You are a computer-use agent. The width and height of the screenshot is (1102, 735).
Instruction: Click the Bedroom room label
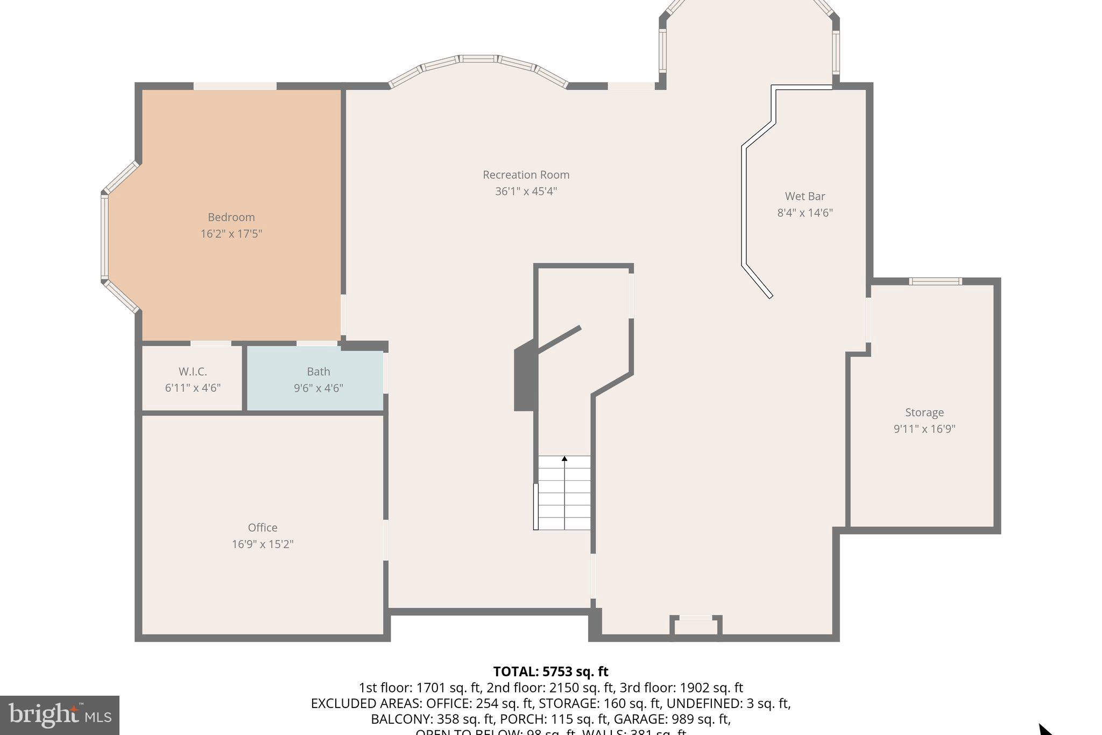pyautogui.click(x=231, y=217)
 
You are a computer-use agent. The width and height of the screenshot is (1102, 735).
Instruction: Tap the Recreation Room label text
pyautogui.click(x=526, y=174)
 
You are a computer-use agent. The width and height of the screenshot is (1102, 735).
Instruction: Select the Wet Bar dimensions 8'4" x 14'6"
pyautogui.click(x=805, y=213)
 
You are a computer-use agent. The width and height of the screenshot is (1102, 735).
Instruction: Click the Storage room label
pyautogui.click(x=924, y=412)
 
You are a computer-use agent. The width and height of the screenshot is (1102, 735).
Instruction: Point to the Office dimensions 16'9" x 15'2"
pyautogui.click(x=263, y=544)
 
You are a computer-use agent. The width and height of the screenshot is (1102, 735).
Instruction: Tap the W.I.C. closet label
pyautogui.click(x=193, y=372)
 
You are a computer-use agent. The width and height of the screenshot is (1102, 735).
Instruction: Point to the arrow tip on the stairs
pyautogui.click(x=564, y=458)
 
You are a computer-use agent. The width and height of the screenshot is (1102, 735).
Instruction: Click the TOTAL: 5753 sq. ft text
pyautogui.click(x=550, y=671)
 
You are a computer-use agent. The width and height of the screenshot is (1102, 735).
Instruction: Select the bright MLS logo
pyautogui.click(x=60, y=715)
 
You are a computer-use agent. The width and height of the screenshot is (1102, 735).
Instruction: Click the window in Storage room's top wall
pyautogui.click(x=935, y=281)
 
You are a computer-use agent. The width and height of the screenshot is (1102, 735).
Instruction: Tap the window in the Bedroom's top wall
pyautogui.click(x=235, y=86)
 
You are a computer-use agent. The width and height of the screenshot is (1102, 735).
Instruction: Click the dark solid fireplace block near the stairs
pyautogui.click(x=524, y=380)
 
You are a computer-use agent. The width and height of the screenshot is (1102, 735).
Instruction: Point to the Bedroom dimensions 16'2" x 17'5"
pyautogui.click(x=231, y=234)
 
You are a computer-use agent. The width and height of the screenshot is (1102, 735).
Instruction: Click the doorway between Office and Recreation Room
pyautogui.click(x=386, y=540)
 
